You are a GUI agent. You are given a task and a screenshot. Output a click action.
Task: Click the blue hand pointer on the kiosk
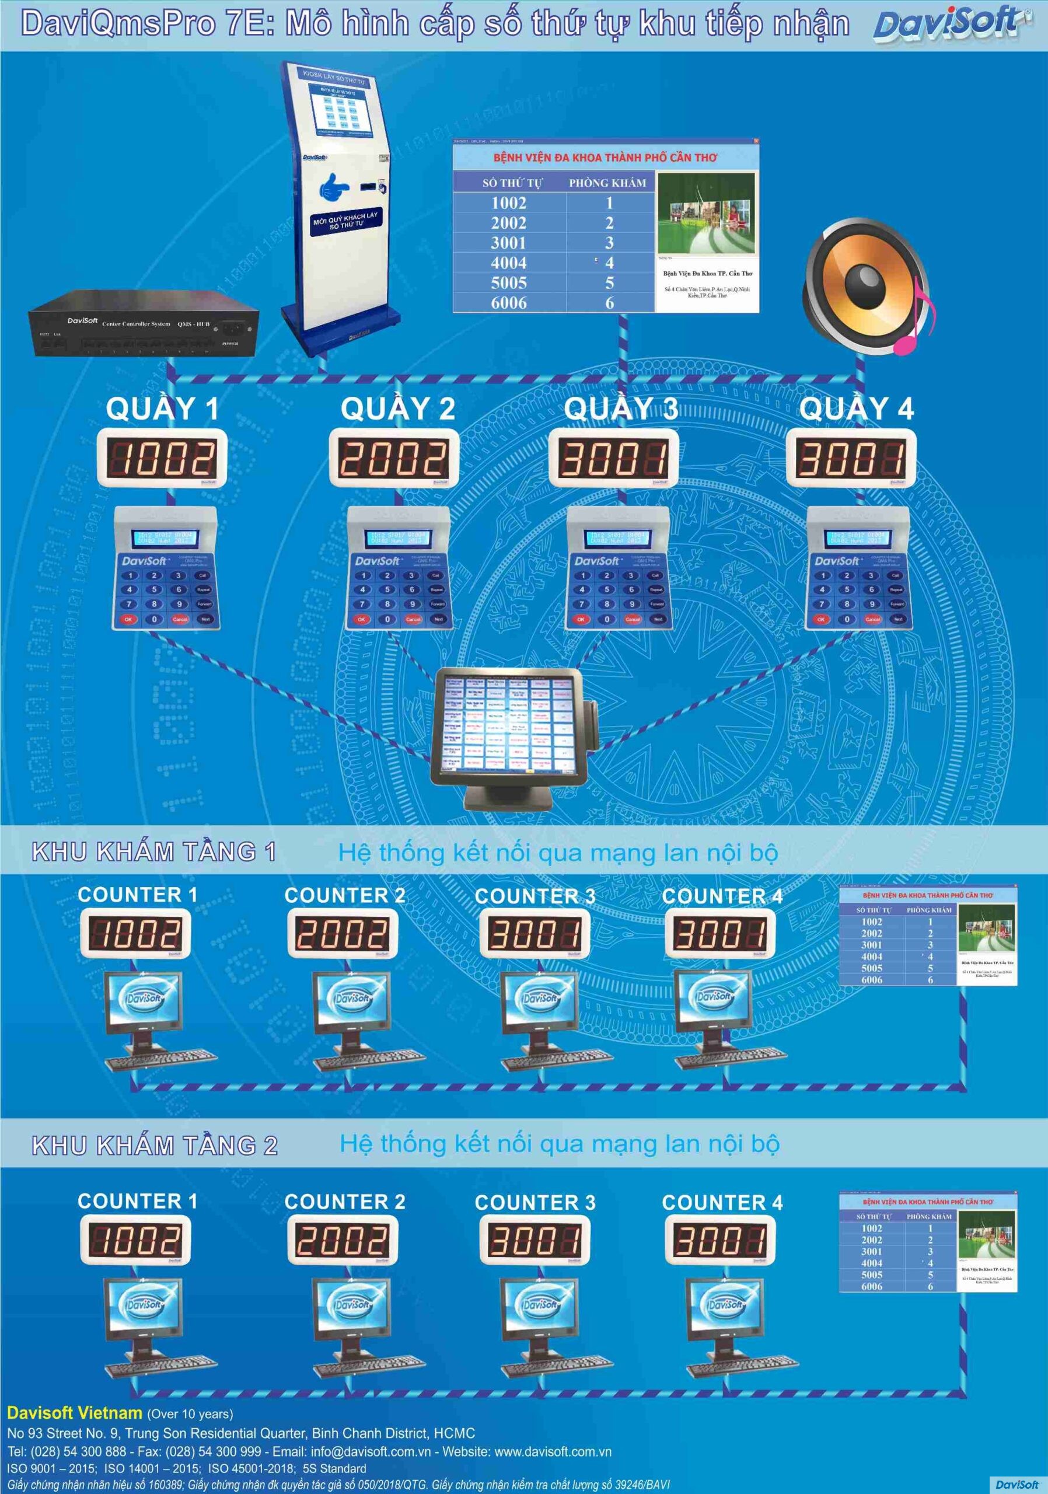(334, 187)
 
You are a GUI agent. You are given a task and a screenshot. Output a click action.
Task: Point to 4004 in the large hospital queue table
(509, 263)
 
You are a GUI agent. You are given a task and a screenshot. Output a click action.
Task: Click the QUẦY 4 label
(856, 409)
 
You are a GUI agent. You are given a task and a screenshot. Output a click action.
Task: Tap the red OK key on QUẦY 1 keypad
(128, 619)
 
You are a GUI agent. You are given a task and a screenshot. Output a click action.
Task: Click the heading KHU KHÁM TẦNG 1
(154, 852)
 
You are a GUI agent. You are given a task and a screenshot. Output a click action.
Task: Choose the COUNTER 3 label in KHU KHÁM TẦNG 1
(535, 896)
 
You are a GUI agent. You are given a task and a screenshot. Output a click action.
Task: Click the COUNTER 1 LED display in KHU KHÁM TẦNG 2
(135, 1239)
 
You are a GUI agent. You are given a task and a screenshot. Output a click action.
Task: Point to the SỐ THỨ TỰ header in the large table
(511, 183)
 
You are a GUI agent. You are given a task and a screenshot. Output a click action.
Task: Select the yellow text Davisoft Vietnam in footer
(74, 1413)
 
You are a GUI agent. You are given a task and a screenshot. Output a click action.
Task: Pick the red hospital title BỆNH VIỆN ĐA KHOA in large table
(605, 158)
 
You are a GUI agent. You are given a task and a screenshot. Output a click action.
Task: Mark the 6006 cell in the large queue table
(509, 302)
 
